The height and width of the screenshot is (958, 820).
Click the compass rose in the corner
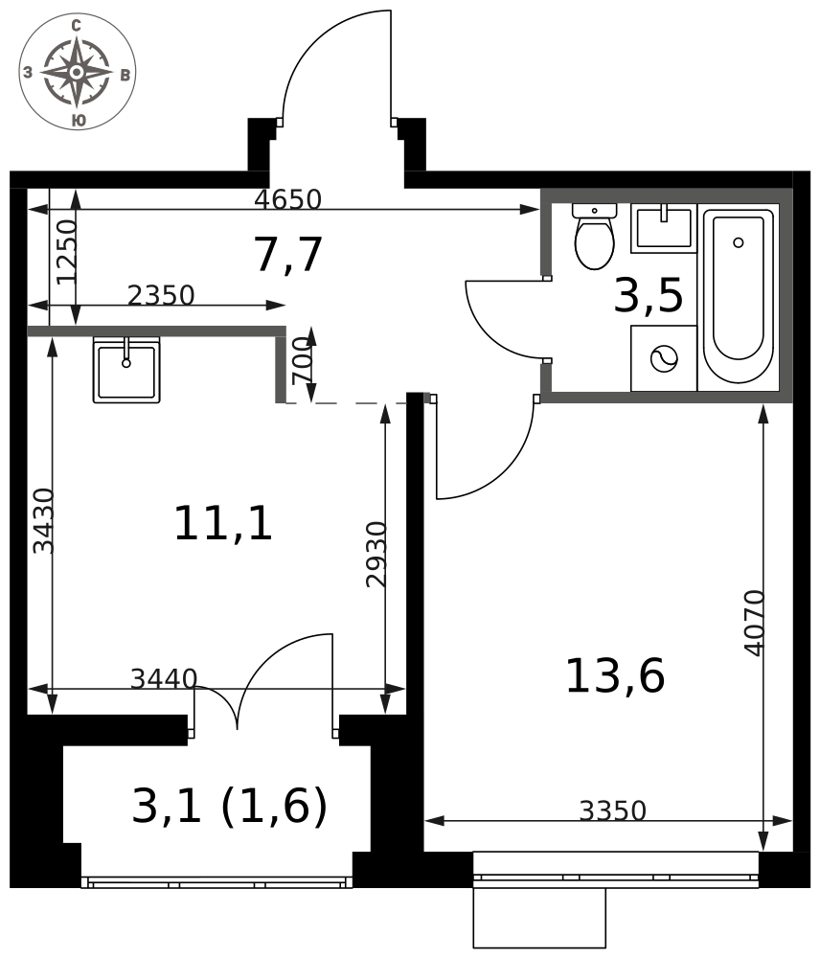[77, 72]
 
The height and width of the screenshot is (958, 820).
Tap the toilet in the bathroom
[594, 237]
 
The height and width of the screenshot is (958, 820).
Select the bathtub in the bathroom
[739, 297]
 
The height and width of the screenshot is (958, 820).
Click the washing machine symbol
[664, 358]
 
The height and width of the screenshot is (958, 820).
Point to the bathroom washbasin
[664, 228]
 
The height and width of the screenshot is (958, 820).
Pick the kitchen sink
[126, 370]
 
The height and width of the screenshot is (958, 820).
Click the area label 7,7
[288, 254]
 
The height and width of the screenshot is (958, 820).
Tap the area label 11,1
[223, 523]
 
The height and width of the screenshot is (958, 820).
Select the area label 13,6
[615, 675]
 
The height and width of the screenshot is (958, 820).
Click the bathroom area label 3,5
[649, 295]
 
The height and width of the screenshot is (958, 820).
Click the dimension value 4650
[287, 199]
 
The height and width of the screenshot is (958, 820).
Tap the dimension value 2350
[161, 295]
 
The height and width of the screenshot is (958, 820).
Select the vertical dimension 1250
[67, 252]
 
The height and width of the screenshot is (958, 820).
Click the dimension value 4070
[755, 623]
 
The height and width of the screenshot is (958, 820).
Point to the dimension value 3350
[612, 810]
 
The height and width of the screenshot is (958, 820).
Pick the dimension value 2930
[376, 554]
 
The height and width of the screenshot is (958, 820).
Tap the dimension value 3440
[164, 678]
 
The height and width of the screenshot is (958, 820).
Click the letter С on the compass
[77, 26]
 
